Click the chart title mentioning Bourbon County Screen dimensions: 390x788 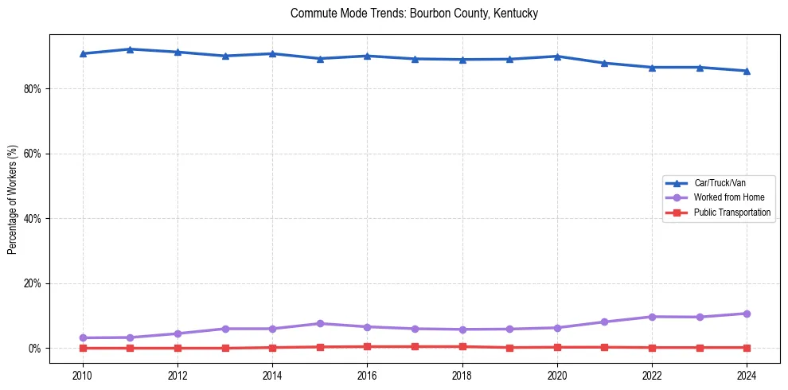coord(414,14)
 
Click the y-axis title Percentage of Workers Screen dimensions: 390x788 coord(12,199)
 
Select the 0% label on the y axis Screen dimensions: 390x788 coord(34,349)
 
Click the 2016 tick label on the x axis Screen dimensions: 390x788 coord(367,375)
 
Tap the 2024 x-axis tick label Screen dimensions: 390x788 coord(747,375)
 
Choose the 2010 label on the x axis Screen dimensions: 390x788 coord(83,375)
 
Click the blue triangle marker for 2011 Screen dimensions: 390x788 coord(130,49)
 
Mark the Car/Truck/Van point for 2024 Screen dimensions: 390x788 coord(747,71)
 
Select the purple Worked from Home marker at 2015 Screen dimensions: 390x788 coord(320,324)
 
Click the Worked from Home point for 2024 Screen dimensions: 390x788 coord(747,314)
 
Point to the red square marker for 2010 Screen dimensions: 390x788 coord(83,348)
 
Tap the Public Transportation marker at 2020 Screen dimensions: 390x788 coord(557,347)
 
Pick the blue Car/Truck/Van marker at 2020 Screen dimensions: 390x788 coord(557,57)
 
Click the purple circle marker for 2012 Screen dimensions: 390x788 coord(177,333)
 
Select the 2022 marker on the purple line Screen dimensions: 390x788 coord(652,317)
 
